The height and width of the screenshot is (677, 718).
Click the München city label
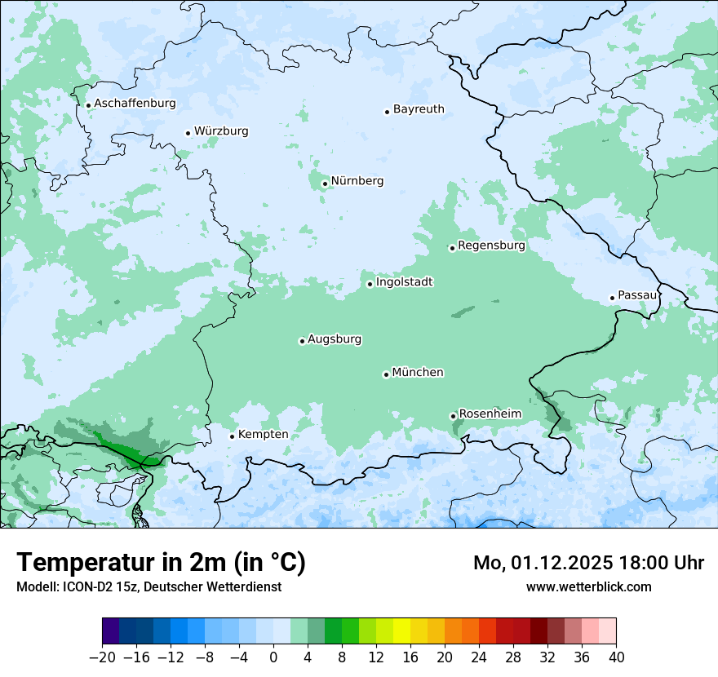[x=418, y=373]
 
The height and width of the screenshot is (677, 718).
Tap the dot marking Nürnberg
[x=325, y=184]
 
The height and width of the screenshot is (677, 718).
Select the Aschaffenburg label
[x=135, y=104]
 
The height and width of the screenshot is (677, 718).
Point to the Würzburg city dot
[x=188, y=133]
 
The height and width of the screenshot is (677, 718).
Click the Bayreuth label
[x=419, y=109]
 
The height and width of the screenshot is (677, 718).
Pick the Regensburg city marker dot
[x=452, y=248]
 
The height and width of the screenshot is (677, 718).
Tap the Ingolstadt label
[x=404, y=282]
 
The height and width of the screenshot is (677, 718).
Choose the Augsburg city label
[x=335, y=339]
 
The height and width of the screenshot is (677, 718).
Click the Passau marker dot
[x=612, y=298]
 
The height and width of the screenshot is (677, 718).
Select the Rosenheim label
[x=490, y=414]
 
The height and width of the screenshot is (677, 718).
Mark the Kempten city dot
[x=232, y=436]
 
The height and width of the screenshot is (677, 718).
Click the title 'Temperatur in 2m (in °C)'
[x=161, y=563]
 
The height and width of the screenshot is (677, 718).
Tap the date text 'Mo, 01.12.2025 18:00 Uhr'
[x=588, y=563]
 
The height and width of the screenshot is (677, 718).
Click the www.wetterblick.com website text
[x=588, y=586]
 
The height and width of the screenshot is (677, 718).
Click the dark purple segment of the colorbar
[x=111, y=631]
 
